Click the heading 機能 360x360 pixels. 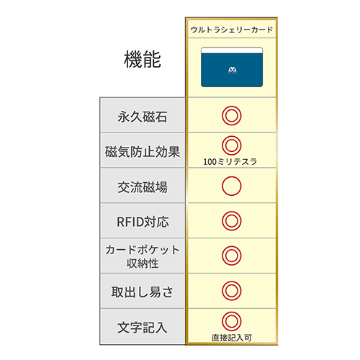[x=143, y=59]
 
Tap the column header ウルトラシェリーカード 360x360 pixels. [x=232, y=30]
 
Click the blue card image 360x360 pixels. [x=232, y=67]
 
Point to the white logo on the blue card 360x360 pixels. [x=233, y=70]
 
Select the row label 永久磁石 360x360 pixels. [x=143, y=117]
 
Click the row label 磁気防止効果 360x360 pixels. [x=143, y=152]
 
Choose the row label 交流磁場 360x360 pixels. [x=143, y=187]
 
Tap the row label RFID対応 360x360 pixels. [x=143, y=222]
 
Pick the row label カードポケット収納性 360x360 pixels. [x=143, y=256]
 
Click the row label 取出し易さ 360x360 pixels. [x=142, y=292]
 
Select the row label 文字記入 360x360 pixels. [x=143, y=328]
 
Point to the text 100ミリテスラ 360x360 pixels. [x=230, y=162]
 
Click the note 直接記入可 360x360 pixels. [x=232, y=338]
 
